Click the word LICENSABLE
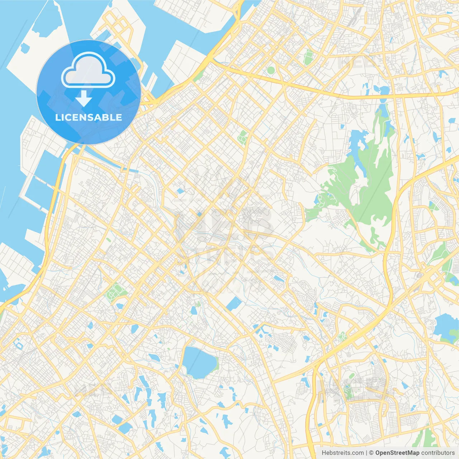[x=88, y=117]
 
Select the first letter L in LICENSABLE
[x=57, y=117]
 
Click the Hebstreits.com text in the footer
[x=342, y=453]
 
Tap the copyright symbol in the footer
[x=372, y=453]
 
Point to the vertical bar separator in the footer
[x=366, y=453]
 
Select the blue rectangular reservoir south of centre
[x=234, y=304]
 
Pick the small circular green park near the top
[x=271, y=70]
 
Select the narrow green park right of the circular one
[x=308, y=57]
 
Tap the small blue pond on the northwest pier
[x=24, y=47]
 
